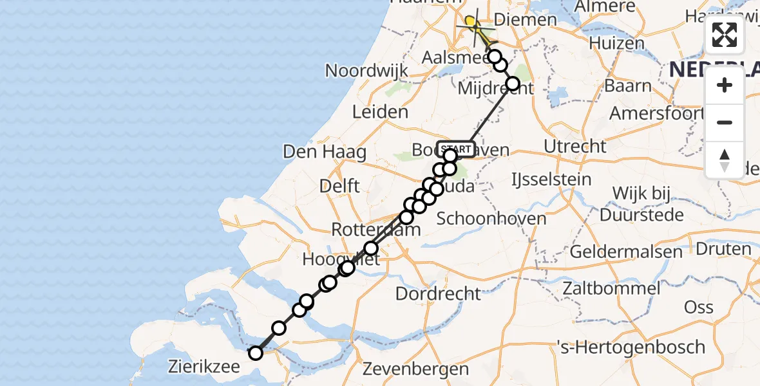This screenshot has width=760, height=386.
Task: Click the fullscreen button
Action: click(725, 35)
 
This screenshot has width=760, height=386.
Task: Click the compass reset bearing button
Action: click(725, 160)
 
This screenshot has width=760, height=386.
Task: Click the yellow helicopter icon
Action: click(473, 24)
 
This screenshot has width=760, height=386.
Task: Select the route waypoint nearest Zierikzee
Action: click(256, 353)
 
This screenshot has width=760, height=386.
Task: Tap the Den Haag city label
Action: click(325, 152)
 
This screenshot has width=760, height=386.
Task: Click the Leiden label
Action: click(380, 112)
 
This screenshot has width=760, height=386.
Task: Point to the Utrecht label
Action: click(575, 146)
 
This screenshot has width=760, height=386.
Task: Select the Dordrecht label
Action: click(438, 294)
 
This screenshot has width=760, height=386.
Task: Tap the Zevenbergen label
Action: click(415, 369)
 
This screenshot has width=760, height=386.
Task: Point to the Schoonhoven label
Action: click(491, 218)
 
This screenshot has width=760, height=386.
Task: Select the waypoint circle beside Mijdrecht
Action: click(513, 84)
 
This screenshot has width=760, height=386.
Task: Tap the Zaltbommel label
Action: click(613, 288)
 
